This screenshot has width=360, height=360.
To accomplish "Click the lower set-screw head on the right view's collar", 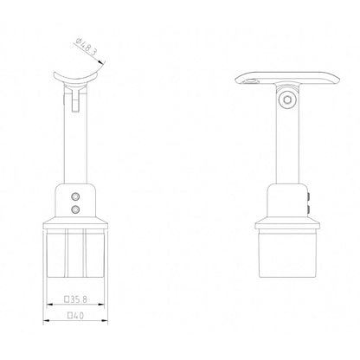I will pyautogui.click(x=309, y=209).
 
